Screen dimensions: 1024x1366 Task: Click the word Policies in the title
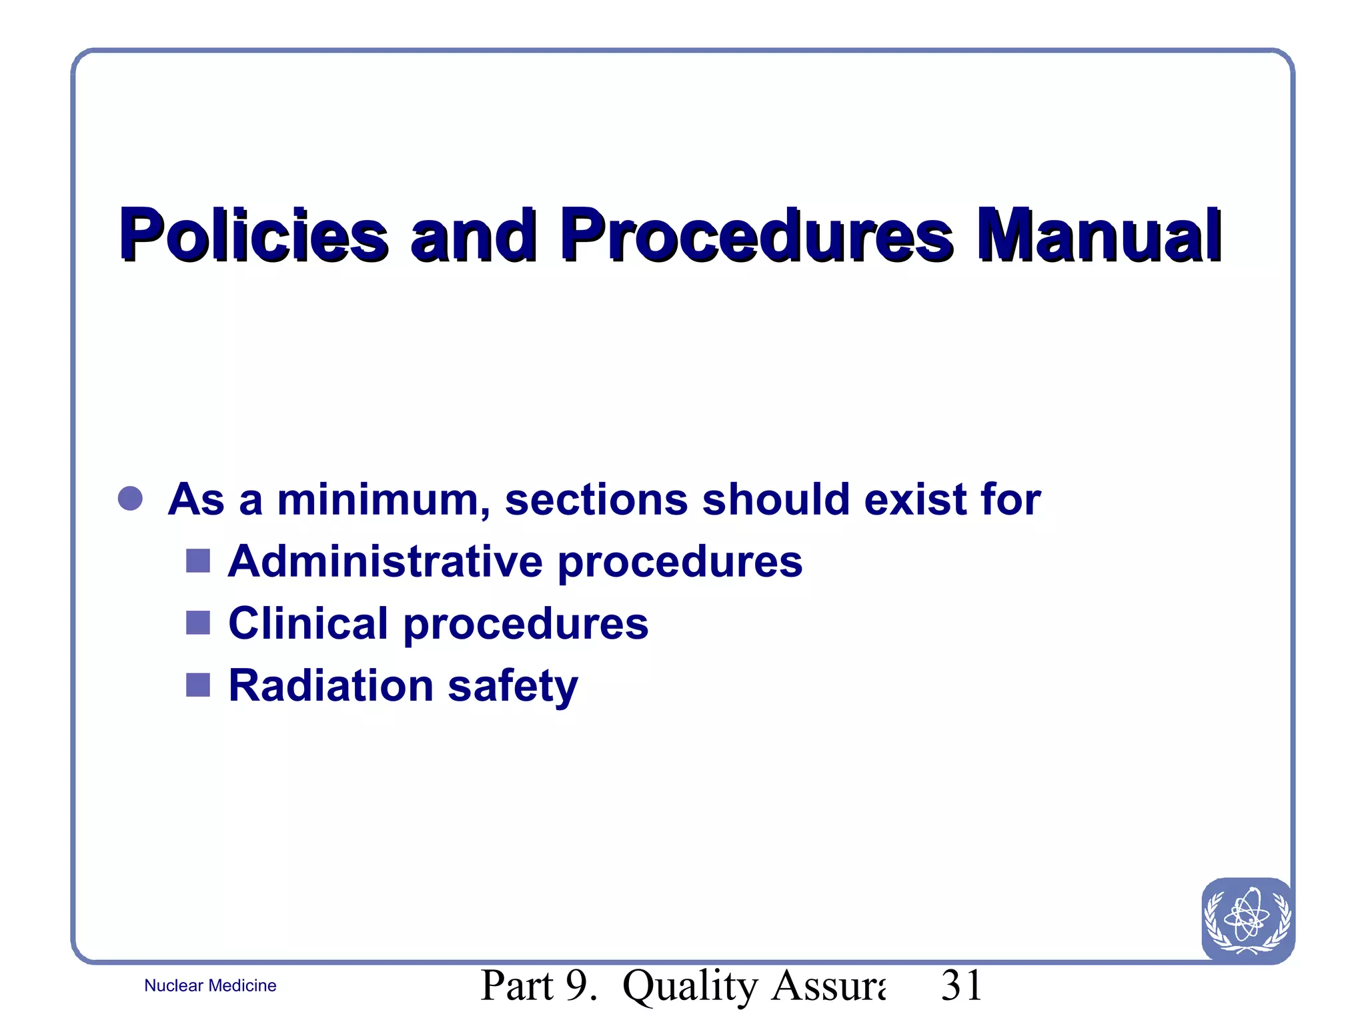coord(253,235)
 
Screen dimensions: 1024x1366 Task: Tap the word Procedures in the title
coord(758,235)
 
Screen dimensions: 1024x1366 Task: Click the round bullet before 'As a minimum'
coord(130,499)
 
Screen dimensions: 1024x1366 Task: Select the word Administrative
coord(386,561)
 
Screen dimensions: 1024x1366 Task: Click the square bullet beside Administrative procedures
coord(198,561)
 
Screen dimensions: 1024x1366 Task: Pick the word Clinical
coord(308,623)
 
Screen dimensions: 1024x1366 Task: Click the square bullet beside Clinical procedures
coord(198,623)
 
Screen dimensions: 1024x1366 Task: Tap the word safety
coord(512,687)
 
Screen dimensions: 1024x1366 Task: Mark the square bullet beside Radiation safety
coord(198,685)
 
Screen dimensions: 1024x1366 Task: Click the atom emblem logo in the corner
coord(1247,920)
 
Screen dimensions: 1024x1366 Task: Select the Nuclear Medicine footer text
coord(210,985)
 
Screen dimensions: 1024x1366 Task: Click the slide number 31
coord(962,985)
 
